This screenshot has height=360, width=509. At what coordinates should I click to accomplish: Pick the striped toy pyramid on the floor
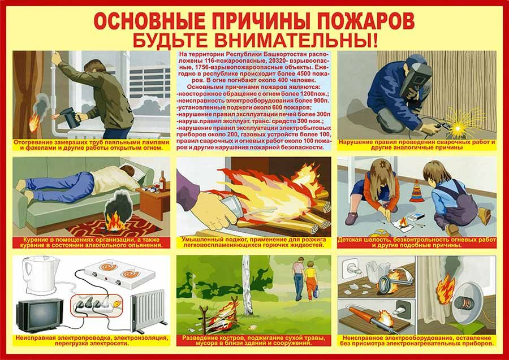416,192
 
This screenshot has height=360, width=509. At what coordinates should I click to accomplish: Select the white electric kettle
41,275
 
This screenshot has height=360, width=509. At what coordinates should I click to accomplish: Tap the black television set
40,315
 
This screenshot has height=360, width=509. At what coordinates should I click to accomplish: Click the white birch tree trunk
247,285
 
